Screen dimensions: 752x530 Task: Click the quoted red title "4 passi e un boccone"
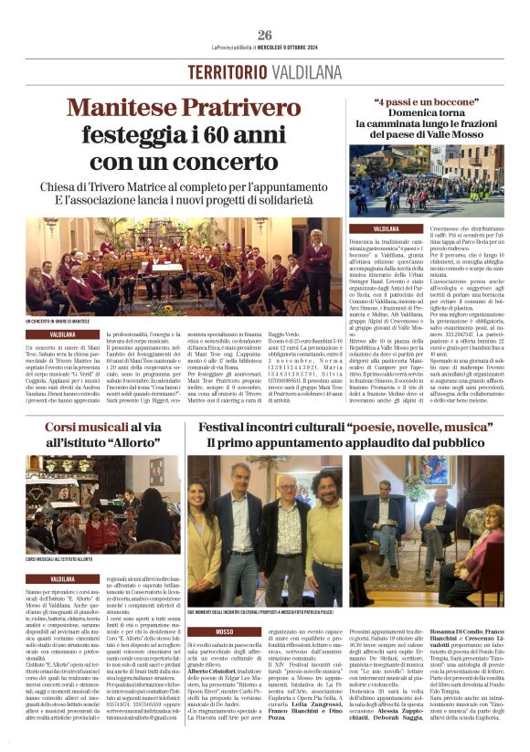pyautogui.click(x=426, y=101)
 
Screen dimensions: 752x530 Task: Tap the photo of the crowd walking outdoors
pyautogui.click(x=426, y=178)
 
